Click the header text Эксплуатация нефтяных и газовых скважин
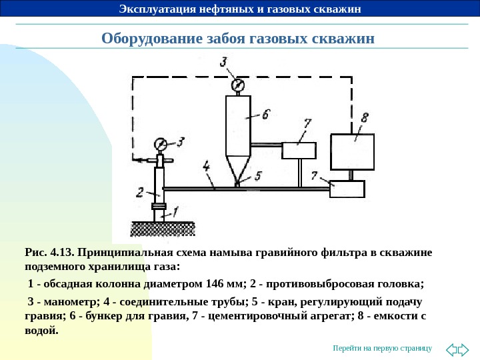click(239, 9)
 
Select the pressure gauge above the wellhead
click(161, 144)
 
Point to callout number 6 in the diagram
click(265, 115)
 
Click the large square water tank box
click(351, 152)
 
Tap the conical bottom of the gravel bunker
click(237, 168)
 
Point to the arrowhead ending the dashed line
click(136, 160)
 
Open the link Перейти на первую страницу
click(383, 349)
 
